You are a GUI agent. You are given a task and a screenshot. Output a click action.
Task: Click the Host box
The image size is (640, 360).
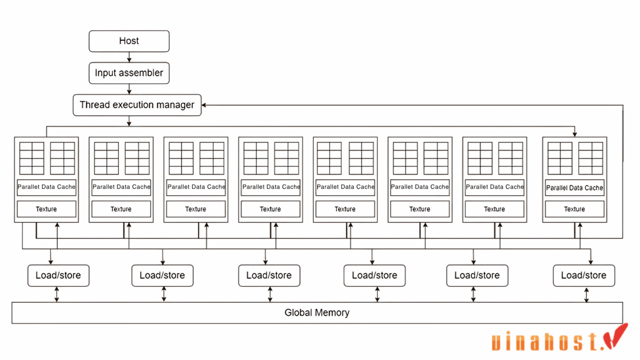coord(129,41)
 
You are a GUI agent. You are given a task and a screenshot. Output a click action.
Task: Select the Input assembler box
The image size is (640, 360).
coord(129,73)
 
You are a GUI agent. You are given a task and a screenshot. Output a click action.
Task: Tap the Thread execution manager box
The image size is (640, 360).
coord(137,105)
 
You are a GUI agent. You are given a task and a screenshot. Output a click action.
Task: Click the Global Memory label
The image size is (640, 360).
coord(317,313)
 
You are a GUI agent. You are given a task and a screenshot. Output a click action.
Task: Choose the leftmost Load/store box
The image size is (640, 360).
coord(58,275)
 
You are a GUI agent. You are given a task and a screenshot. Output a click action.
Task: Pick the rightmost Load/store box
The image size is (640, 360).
coord(584,275)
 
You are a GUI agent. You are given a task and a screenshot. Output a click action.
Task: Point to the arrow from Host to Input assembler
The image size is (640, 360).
coord(129,57)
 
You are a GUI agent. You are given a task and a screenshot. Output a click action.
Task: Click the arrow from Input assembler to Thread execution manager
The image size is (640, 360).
coord(129,90)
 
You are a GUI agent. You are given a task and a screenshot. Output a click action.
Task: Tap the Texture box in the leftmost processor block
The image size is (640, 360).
coord(46,209)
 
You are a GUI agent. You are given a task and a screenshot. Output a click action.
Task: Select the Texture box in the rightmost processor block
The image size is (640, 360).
coord(575,209)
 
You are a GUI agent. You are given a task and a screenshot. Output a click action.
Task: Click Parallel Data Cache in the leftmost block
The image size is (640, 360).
coord(46,187)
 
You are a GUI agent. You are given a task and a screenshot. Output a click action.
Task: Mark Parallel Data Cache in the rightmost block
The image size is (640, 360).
coord(575,188)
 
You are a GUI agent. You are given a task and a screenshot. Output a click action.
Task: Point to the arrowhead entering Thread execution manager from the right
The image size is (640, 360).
coord(204,105)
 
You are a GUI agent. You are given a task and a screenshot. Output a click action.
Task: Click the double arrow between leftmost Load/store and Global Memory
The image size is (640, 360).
coord(57,294)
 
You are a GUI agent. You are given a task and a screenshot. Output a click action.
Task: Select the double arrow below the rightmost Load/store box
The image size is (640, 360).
coord(587,294)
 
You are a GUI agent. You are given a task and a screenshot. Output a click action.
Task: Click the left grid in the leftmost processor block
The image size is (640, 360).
coord(32,158)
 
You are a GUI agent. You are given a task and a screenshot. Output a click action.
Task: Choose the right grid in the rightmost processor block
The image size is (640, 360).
coord(590,158)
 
